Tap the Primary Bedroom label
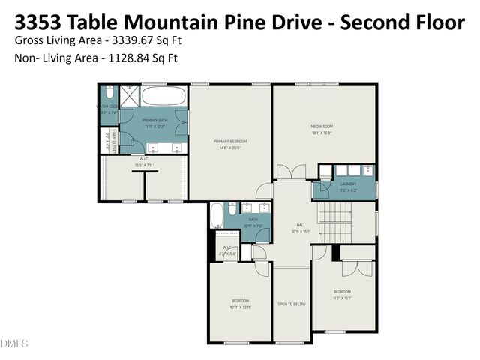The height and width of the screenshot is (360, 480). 230,145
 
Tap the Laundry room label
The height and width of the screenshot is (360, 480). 348,187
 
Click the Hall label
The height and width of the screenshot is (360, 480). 301,228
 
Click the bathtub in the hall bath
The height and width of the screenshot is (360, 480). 216,217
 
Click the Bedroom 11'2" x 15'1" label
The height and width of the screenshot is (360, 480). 342,294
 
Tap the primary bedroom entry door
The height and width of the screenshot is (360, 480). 265,192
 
